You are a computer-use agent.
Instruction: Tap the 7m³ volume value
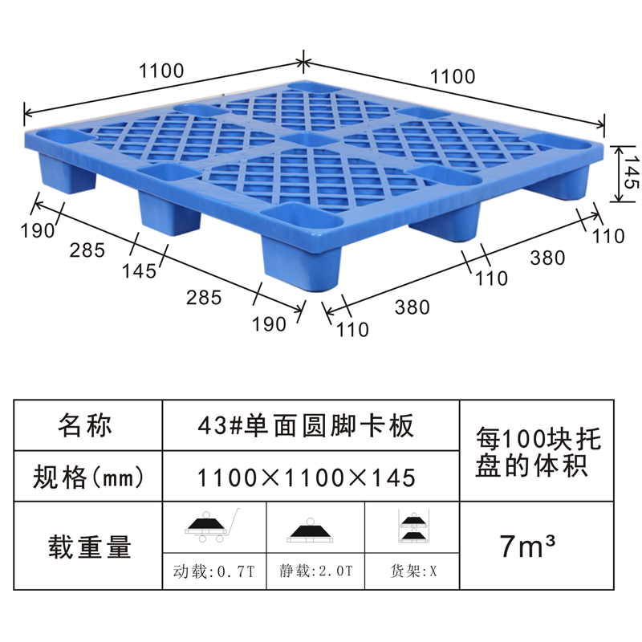point(528,546)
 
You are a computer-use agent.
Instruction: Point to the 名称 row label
point(85,425)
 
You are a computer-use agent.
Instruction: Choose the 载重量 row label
point(89,547)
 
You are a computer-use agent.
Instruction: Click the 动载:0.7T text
point(213,571)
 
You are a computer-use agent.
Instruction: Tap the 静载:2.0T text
point(315,571)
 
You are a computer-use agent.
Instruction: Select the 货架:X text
point(413,571)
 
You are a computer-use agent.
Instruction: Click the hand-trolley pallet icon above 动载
point(211,526)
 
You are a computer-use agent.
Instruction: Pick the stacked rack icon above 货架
point(413,526)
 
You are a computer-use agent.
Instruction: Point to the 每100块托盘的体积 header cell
point(537,452)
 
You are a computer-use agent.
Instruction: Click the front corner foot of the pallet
point(302,262)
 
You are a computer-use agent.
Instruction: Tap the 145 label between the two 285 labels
point(139,271)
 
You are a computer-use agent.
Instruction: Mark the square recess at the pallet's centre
point(309,139)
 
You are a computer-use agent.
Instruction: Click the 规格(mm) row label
point(88,477)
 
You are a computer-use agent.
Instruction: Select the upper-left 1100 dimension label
point(161,71)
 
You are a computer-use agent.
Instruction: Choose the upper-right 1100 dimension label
point(453,76)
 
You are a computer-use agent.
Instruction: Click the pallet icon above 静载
point(311,530)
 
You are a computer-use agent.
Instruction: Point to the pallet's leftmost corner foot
point(67,173)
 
